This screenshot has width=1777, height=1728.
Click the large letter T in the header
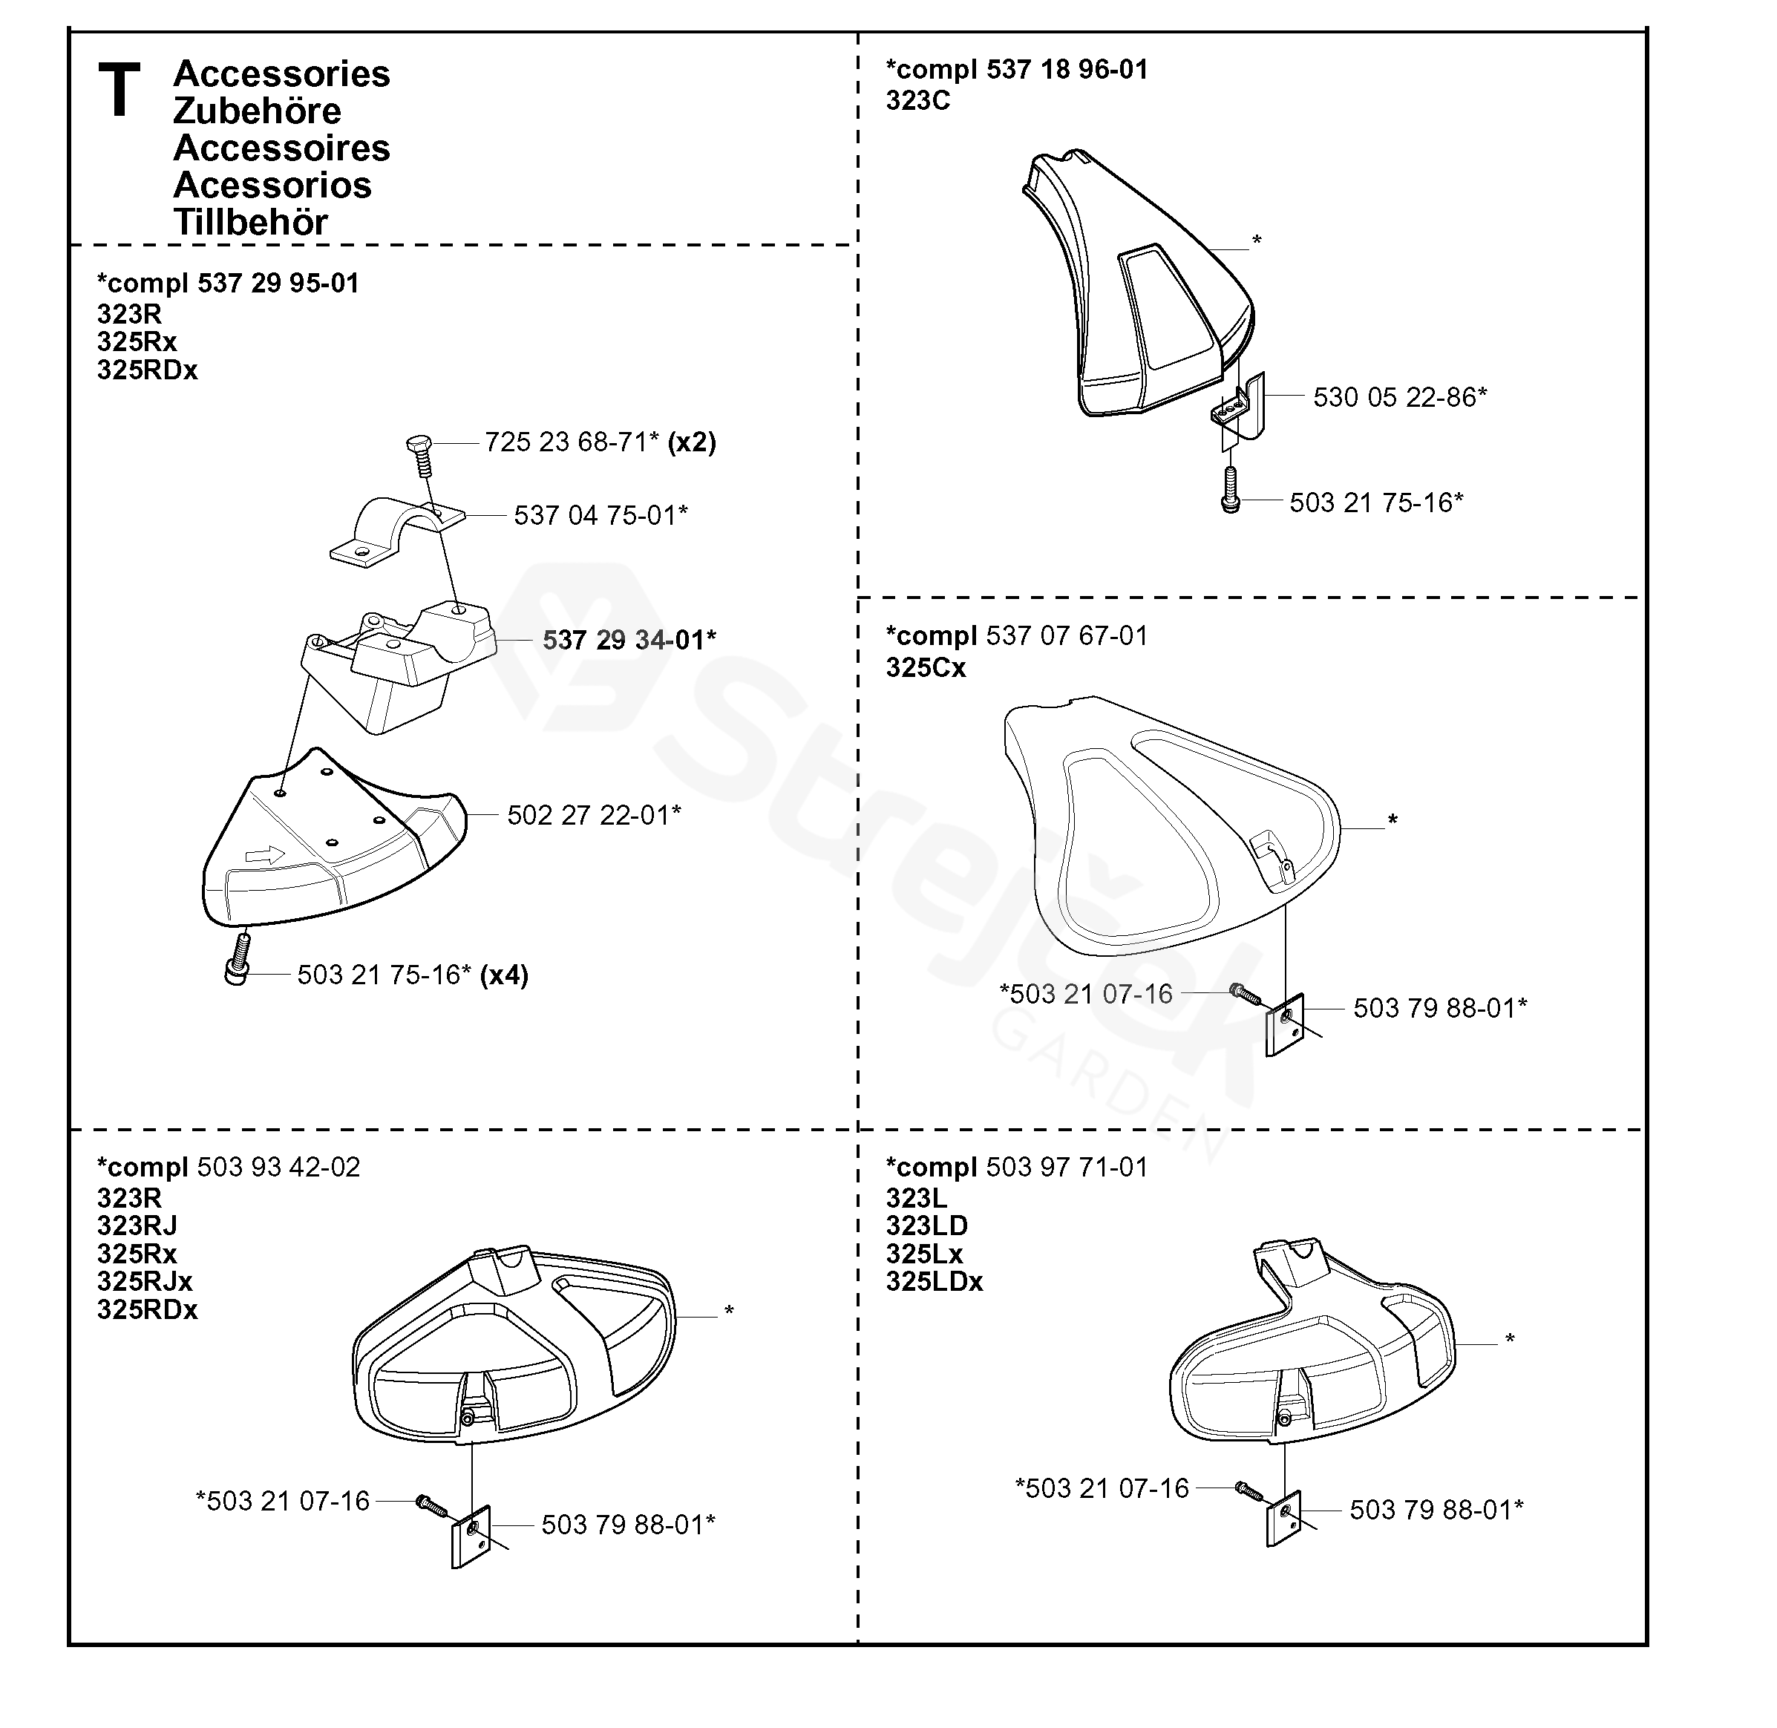pos(119,90)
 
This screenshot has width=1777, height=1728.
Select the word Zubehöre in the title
pos(257,111)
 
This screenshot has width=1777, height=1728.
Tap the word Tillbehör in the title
pos(250,223)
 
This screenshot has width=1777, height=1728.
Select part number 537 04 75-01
pos(600,515)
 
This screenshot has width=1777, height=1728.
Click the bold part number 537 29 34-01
pos(629,640)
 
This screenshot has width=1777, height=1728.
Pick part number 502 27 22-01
pos(594,815)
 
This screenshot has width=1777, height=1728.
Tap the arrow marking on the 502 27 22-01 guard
pos(264,855)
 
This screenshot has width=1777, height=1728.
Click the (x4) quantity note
pos(504,975)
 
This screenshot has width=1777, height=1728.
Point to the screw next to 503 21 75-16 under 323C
pos(1231,489)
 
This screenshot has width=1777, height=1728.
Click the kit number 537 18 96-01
pos(1067,70)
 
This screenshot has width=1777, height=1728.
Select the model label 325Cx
pos(926,668)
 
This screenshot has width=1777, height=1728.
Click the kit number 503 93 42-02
pos(278,1167)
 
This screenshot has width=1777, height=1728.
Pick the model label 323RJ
pos(137,1225)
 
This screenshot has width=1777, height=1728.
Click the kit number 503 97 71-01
pos(1067,1167)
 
